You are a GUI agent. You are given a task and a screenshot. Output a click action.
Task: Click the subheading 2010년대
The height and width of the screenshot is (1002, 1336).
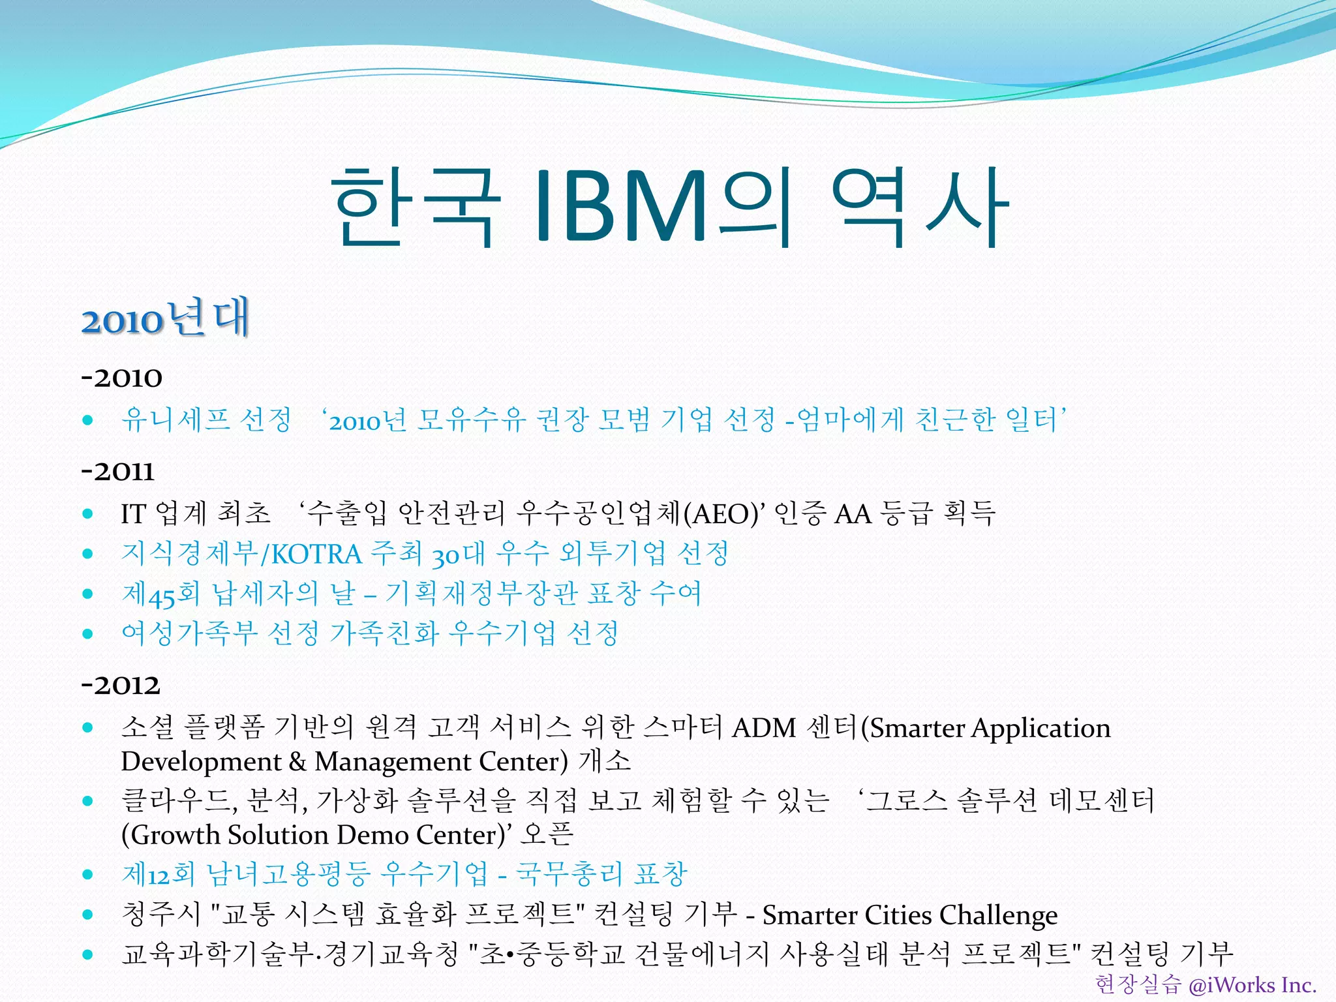pos(166,319)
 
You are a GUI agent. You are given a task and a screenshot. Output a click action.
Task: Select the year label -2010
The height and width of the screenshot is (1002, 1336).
pos(122,378)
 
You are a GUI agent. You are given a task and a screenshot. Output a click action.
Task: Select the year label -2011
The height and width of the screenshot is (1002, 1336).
pos(118,471)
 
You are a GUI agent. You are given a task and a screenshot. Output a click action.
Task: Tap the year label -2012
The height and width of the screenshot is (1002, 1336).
pos(121,685)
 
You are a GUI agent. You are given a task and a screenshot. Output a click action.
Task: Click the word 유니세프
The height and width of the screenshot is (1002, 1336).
pos(175,419)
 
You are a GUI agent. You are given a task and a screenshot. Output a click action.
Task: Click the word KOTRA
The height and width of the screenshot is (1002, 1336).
pos(316,554)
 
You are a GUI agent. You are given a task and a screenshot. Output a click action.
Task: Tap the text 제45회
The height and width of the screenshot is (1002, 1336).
pos(160,594)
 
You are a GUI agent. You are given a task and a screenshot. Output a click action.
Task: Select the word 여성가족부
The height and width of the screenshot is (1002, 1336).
pos(190,633)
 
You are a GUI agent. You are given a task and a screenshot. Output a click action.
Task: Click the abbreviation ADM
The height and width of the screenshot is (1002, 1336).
pos(764,727)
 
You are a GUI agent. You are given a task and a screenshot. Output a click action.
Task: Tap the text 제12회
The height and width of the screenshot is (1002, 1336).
pos(159,874)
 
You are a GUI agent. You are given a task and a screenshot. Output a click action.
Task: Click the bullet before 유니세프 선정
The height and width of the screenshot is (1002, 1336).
pos(88,420)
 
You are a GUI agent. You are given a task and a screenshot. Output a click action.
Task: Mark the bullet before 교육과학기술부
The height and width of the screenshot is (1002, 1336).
pos(88,954)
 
